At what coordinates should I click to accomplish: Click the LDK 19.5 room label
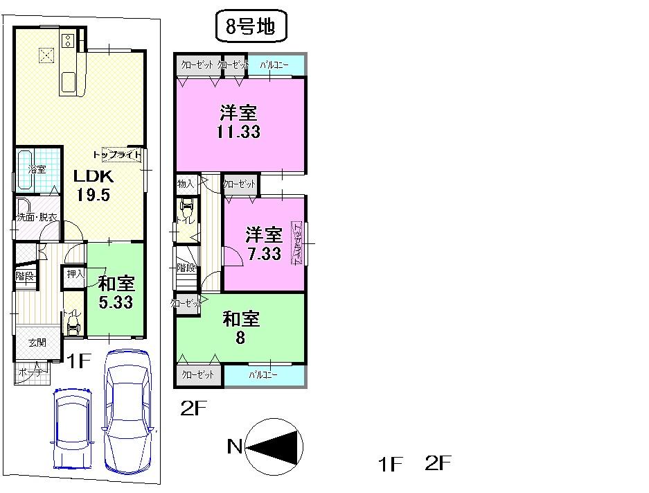click(93, 185)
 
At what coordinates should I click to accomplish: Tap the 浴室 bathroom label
click(36, 168)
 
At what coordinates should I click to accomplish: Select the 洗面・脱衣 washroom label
click(37, 217)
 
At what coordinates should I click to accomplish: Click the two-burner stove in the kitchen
click(69, 40)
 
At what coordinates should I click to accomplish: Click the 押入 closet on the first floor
click(75, 275)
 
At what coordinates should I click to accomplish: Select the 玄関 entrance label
click(37, 342)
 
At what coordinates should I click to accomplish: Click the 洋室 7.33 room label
click(265, 243)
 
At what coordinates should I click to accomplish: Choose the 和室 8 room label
click(240, 328)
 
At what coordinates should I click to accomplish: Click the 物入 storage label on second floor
click(186, 184)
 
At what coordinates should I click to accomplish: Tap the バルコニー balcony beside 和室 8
click(263, 375)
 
